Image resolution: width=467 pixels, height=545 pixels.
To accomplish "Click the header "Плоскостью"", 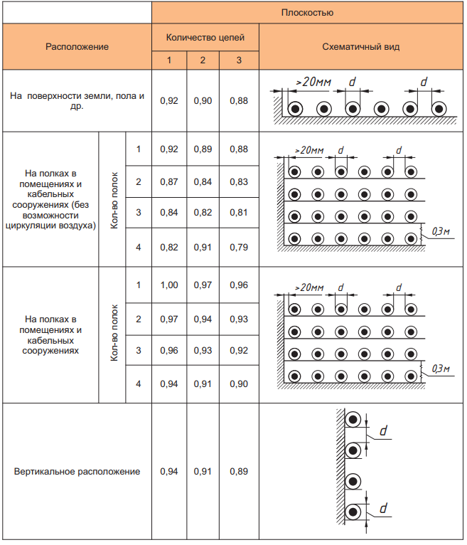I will tap(308, 12).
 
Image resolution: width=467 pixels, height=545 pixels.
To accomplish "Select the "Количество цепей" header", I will tap(205, 37).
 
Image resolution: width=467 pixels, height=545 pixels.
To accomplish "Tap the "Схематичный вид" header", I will tap(360, 47).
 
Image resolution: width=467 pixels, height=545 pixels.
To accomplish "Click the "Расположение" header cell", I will tap(77, 47).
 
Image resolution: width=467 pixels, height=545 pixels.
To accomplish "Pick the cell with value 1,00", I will tap(168, 285).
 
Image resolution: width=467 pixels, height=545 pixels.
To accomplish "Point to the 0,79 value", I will tap(239, 248).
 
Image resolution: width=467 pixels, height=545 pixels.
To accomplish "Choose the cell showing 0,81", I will tap(239, 213).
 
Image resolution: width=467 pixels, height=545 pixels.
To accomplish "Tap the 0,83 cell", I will tap(239, 182).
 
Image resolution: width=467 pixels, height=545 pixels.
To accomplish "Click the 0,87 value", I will tap(168, 182).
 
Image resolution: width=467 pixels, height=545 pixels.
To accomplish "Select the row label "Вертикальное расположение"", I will tap(77, 472).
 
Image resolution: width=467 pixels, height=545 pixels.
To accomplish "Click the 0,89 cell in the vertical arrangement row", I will tap(239, 472).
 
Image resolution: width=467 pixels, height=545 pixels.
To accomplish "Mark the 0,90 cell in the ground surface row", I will tap(203, 101).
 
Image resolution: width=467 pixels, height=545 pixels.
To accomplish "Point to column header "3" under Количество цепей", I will tap(239, 60).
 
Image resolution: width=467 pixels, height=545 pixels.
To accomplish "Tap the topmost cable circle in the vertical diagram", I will tap(353, 421).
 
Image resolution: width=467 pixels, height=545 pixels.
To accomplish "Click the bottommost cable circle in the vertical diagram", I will tap(353, 512).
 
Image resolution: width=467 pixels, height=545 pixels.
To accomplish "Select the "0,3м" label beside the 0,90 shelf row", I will tap(441, 368).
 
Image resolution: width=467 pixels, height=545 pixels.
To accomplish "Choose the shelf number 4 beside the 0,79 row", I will tap(139, 248).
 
